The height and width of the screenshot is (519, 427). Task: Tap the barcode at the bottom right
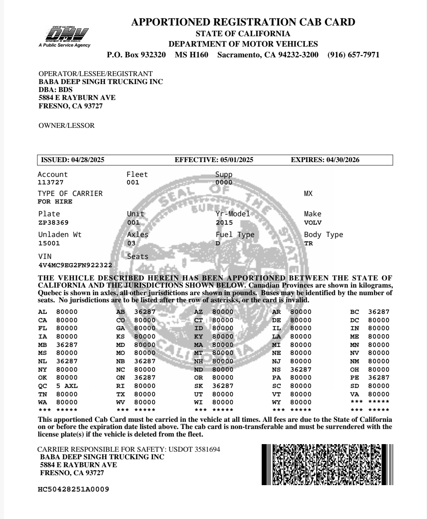(327, 464)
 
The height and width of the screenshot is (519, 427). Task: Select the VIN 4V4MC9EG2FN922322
(75, 265)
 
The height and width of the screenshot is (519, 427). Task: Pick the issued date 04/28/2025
(88, 160)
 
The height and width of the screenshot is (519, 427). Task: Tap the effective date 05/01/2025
(236, 160)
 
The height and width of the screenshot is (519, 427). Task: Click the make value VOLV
(313, 223)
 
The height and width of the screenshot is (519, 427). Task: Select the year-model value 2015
(224, 223)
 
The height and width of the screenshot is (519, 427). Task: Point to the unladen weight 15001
(49, 243)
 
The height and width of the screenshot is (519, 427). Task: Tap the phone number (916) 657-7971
(353, 55)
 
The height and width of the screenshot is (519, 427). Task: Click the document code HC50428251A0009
(73, 489)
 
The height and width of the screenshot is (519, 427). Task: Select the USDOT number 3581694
(207, 449)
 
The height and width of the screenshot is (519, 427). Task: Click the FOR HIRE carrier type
(55, 202)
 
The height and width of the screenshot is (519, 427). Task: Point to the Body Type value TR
(308, 243)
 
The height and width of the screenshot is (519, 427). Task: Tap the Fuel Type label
(235, 235)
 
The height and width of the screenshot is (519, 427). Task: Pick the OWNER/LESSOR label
(67, 125)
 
